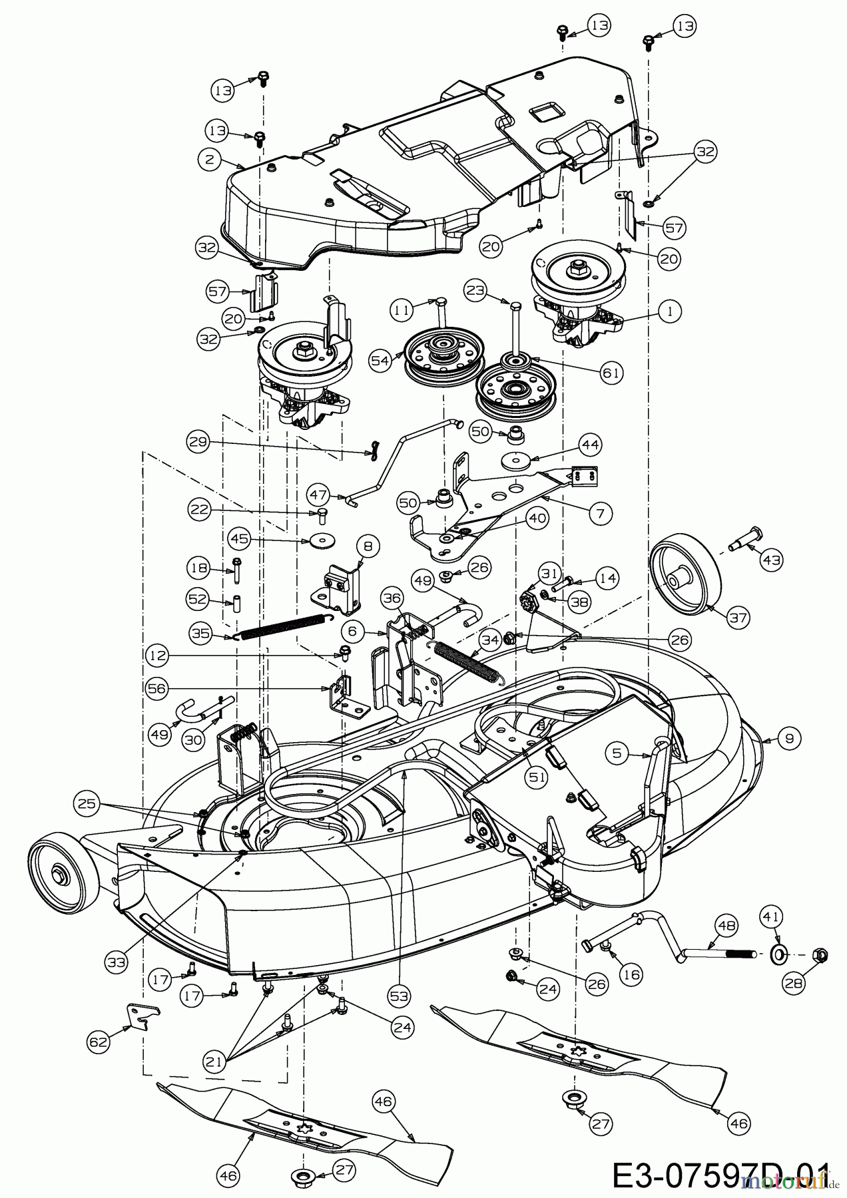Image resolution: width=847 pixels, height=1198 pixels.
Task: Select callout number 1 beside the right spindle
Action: pos(671,310)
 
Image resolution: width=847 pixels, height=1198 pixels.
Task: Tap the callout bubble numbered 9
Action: pos(790,738)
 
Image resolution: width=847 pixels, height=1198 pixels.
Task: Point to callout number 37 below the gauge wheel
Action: pos(738,618)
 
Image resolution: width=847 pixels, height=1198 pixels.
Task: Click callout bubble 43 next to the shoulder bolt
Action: pos(772,560)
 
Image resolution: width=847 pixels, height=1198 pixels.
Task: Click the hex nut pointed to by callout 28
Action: pos(821,955)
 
